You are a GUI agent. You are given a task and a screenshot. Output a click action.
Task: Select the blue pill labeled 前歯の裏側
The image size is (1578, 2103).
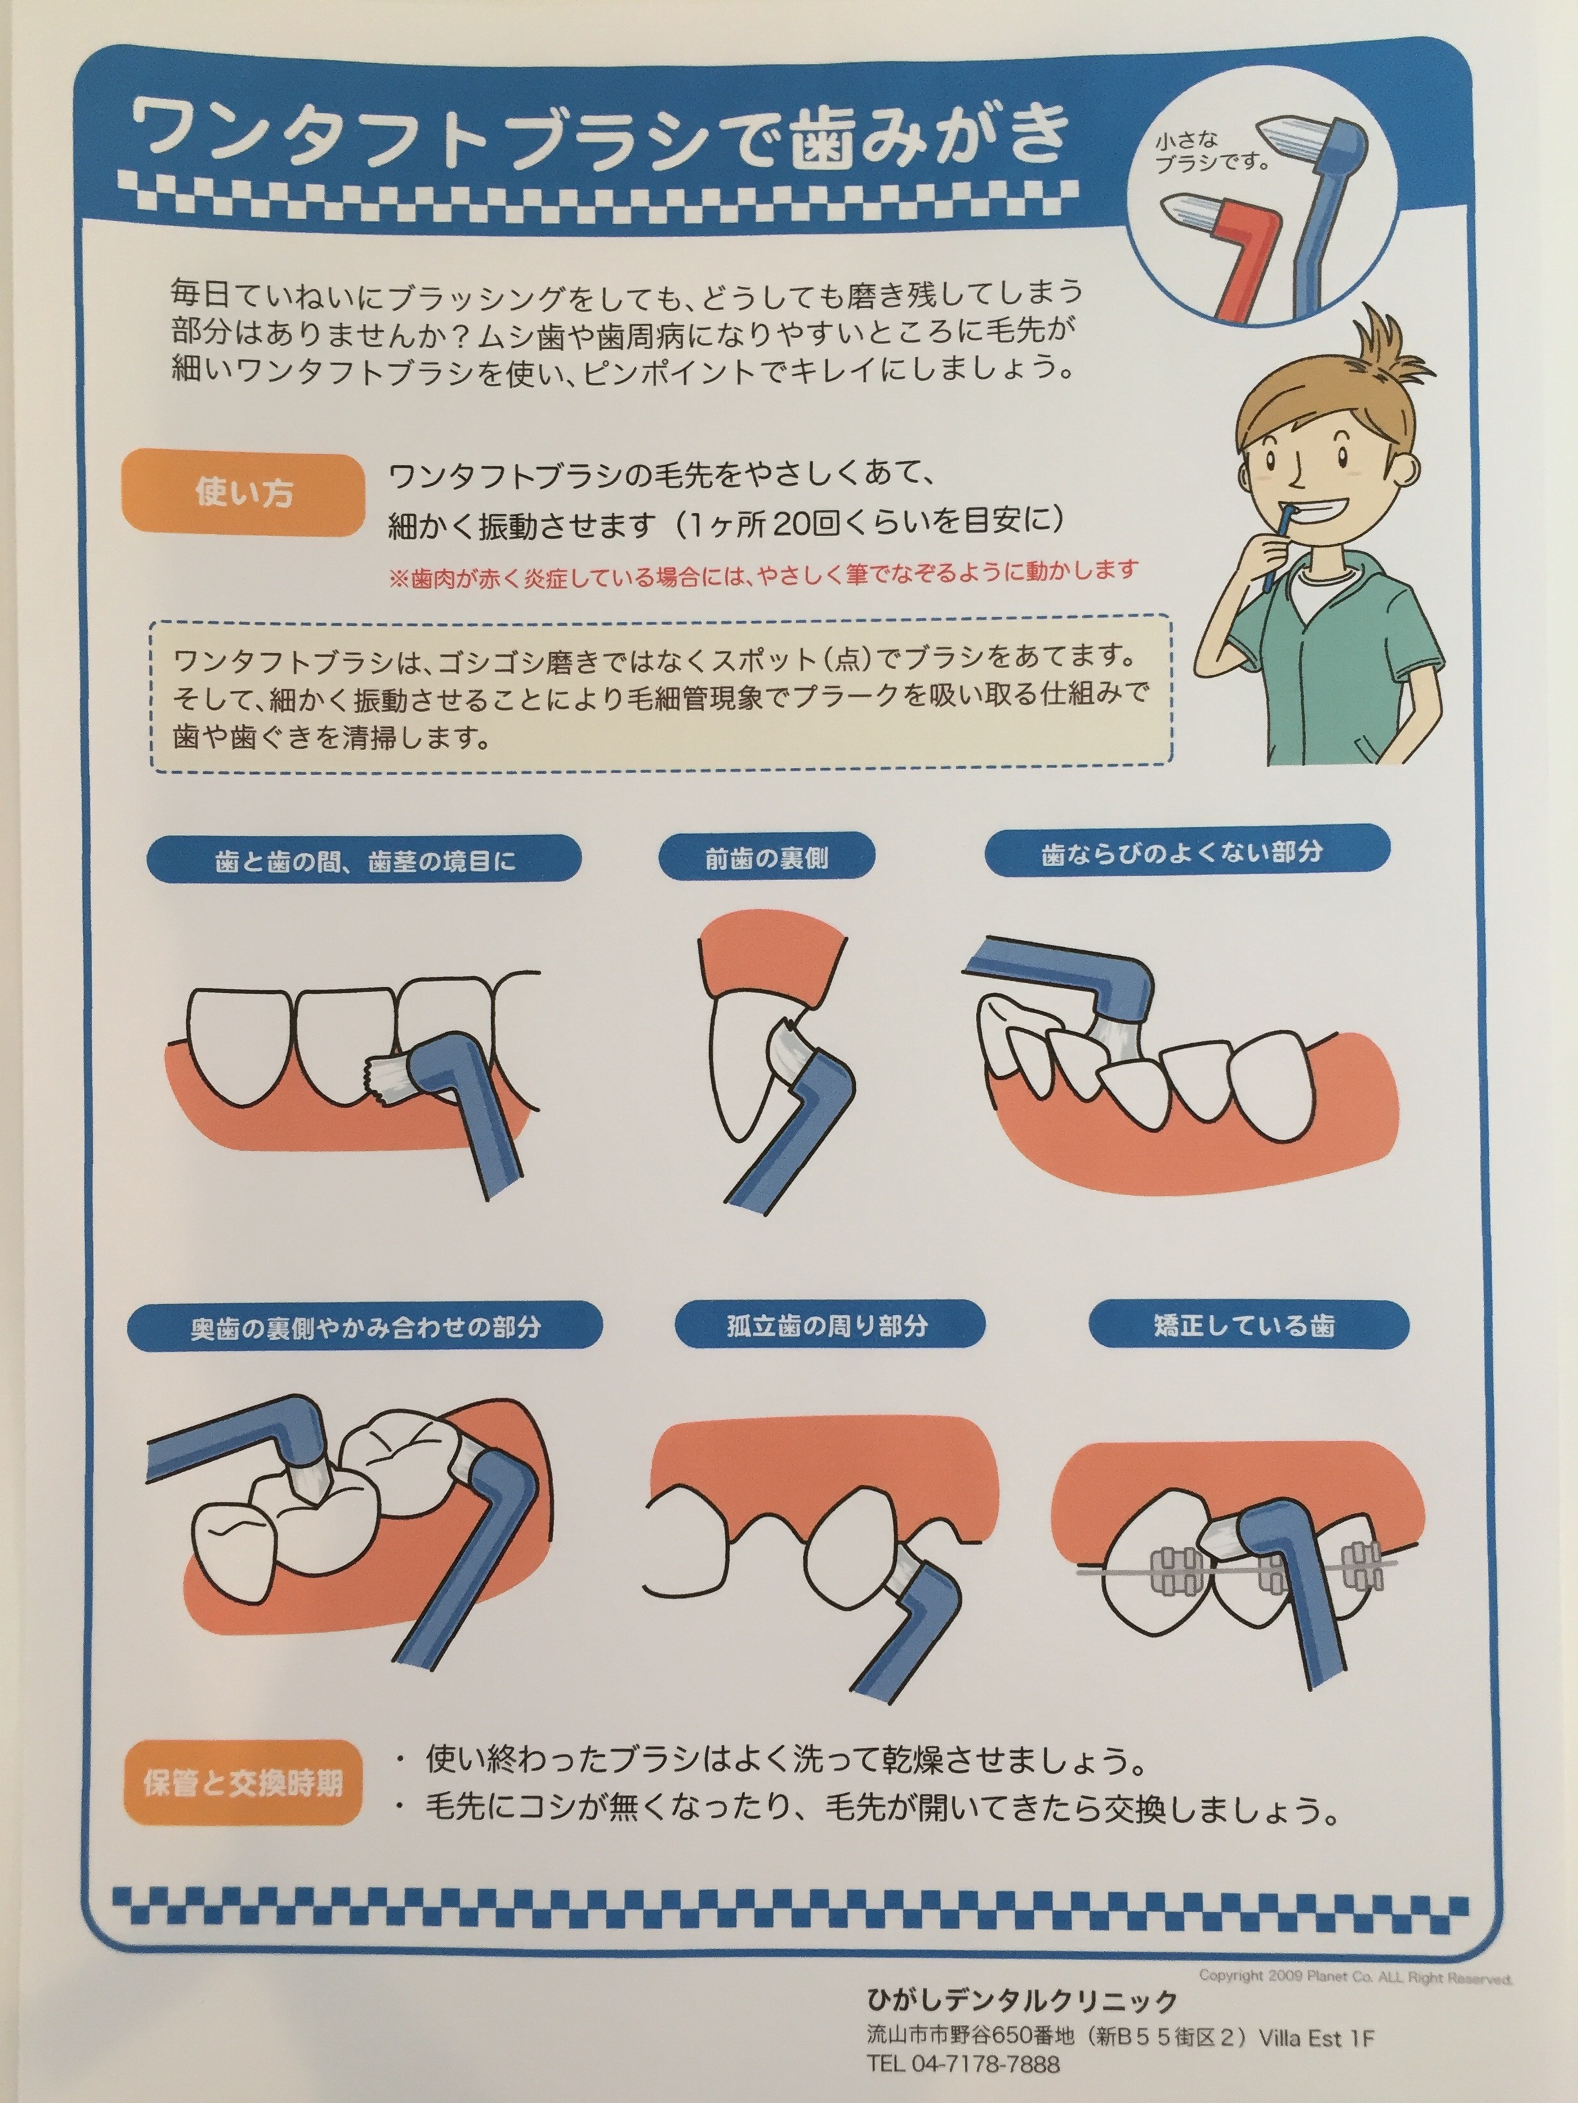tap(766, 858)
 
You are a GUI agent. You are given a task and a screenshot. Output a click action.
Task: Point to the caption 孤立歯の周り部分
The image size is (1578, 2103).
tap(828, 1324)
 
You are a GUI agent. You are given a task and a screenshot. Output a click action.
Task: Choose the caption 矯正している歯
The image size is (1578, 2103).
tap(1249, 1324)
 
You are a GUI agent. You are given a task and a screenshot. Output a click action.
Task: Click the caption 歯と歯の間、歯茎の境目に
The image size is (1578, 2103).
tap(364, 860)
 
